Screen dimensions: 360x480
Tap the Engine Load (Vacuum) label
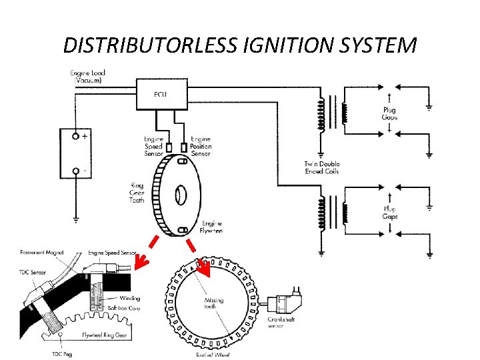tap(89, 75)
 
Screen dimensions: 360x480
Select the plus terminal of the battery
tap(77, 136)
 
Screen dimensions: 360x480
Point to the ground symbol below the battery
tap(76, 218)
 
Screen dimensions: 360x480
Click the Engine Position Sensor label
tap(201, 145)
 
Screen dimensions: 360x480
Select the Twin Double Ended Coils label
tap(321, 167)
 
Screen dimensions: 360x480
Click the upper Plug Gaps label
tap(389, 113)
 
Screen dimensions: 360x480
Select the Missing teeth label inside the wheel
tap(214, 303)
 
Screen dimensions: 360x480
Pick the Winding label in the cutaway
tap(130, 298)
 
